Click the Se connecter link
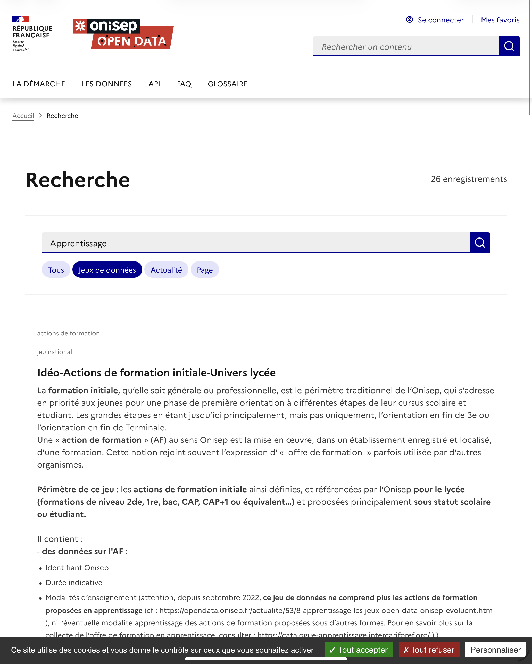435,20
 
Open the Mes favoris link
500,20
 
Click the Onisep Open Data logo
123,34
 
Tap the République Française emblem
32,34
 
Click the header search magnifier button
509,46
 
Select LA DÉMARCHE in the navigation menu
39,84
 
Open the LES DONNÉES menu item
106,84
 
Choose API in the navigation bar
154,84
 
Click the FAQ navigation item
184,84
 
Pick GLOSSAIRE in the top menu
228,84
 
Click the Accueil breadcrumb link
23,116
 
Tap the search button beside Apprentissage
480,243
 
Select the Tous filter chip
56,270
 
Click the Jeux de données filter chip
107,270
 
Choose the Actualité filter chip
166,270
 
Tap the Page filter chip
205,270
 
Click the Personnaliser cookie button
495,650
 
